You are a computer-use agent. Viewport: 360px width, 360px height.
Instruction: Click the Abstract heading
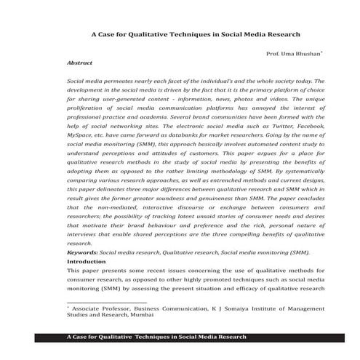(x=79, y=63)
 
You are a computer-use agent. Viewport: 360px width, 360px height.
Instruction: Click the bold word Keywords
(x=82, y=252)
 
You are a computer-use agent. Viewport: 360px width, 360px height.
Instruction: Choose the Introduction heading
(x=87, y=260)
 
